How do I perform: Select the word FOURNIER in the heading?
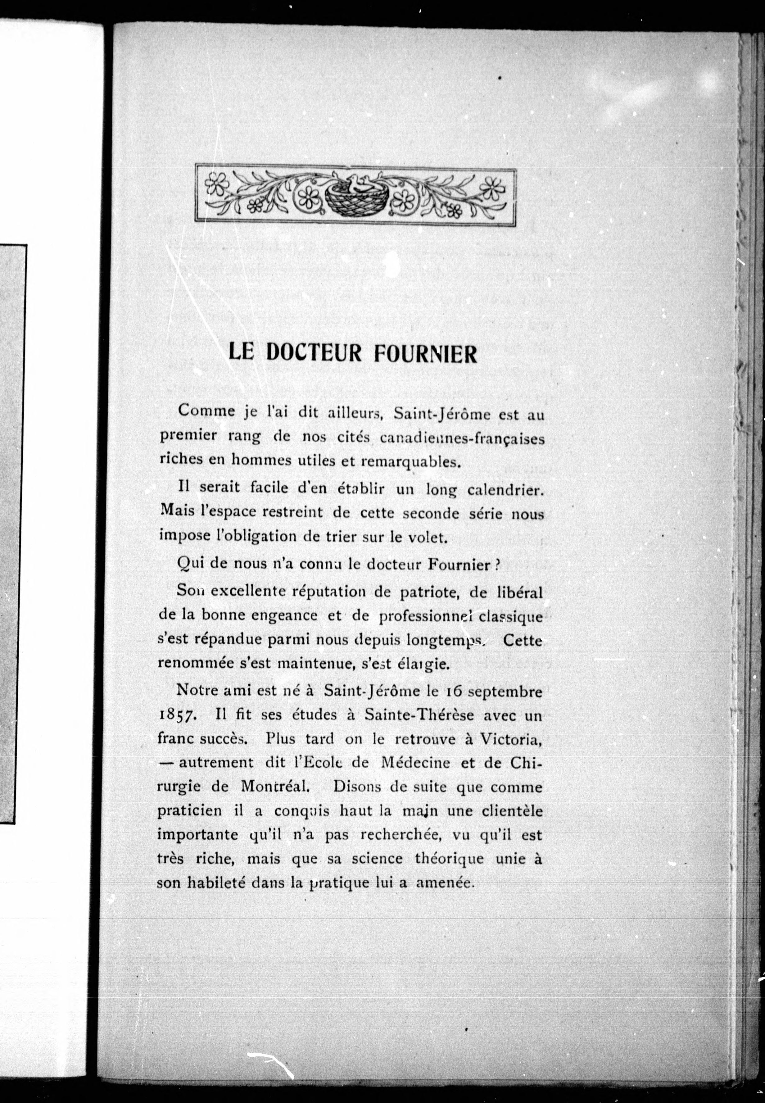tap(425, 354)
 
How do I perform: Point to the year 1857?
tap(175, 715)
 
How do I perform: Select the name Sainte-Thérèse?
tap(419, 715)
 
